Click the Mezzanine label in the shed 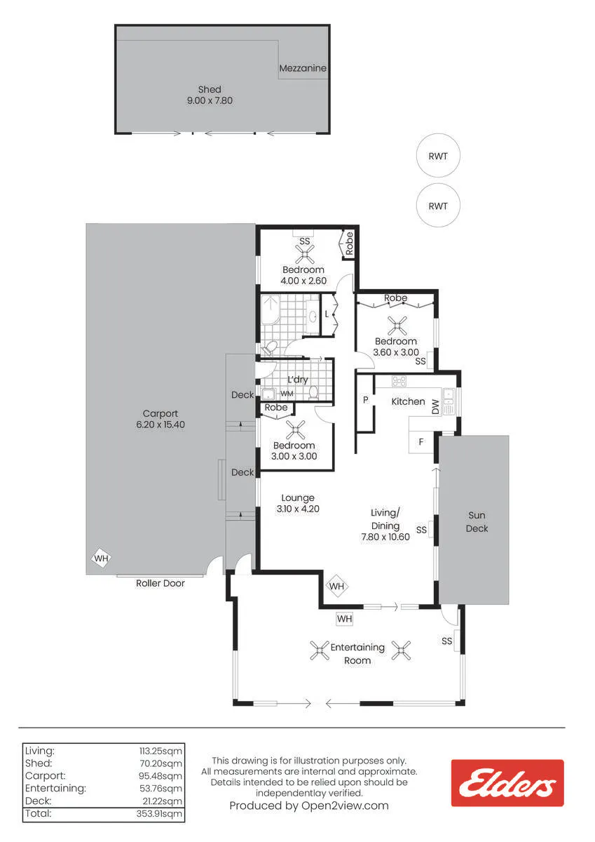pos(303,68)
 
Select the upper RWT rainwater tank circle pos(438,156)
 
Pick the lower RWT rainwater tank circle pos(438,206)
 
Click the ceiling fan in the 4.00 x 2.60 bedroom pos(305,254)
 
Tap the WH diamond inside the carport pos(102,559)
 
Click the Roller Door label pos(160,583)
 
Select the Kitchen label pos(408,401)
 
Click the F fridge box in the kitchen pos(421,442)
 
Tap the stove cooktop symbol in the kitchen pos(399,381)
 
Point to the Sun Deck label pos(477,522)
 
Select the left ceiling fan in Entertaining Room pos(320,650)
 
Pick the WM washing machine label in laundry pos(287,394)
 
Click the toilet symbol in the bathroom pos(269,348)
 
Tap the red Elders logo pos(507,783)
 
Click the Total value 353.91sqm pos(159,813)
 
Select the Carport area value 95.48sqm pos(160,776)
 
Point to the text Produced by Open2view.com pos(309,806)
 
